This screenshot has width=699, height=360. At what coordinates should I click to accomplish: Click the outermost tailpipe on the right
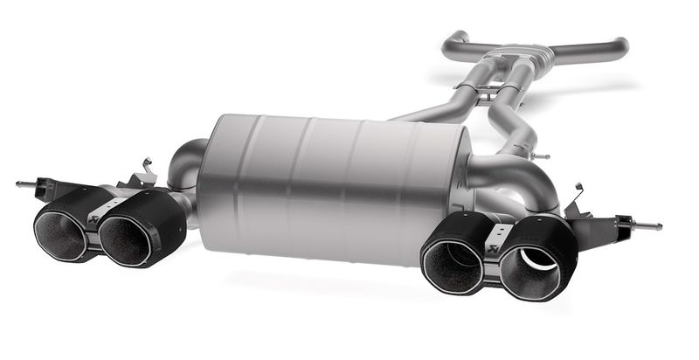click(x=535, y=259)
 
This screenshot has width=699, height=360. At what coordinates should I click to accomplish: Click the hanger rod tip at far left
click(x=21, y=184)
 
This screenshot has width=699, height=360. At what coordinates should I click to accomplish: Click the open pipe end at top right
click(x=622, y=44)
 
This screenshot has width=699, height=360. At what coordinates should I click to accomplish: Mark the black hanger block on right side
click(x=612, y=225)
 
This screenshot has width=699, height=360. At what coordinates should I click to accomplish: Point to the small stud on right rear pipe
click(x=542, y=156)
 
